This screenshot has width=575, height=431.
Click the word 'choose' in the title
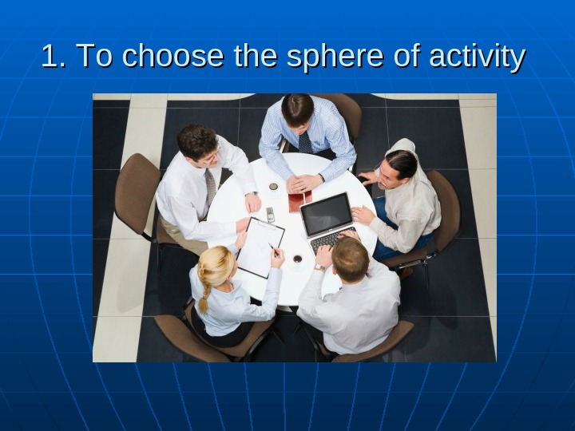[172, 55]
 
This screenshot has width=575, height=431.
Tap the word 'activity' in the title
[477, 57]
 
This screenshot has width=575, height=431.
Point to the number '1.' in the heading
[54, 56]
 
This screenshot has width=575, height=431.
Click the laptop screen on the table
[327, 214]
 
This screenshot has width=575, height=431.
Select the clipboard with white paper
[260, 247]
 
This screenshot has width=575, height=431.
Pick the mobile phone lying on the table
[270, 215]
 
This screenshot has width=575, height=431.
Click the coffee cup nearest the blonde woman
[297, 259]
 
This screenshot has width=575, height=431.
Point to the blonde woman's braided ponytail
[204, 290]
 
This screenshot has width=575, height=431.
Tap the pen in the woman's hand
[272, 248]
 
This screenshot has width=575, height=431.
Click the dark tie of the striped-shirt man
[304, 142]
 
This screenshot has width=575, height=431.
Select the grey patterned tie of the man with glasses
[211, 187]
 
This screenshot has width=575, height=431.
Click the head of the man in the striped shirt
[297, 109]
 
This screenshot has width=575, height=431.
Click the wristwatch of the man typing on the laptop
[319, 267]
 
